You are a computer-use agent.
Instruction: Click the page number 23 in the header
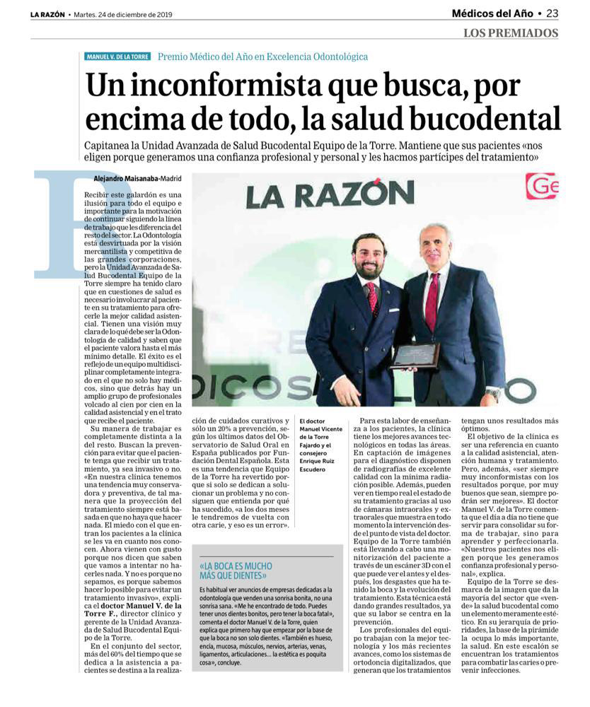552,13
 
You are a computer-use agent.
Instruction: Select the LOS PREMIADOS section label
511,33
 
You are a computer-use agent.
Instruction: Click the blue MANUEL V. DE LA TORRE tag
117,57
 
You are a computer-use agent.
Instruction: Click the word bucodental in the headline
480,117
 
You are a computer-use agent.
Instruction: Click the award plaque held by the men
415,355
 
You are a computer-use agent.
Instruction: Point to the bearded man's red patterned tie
372,297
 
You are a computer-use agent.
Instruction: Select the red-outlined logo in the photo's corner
541,187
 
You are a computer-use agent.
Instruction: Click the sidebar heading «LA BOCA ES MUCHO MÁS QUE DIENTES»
236,571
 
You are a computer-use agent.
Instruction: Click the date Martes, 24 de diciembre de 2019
125,14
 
